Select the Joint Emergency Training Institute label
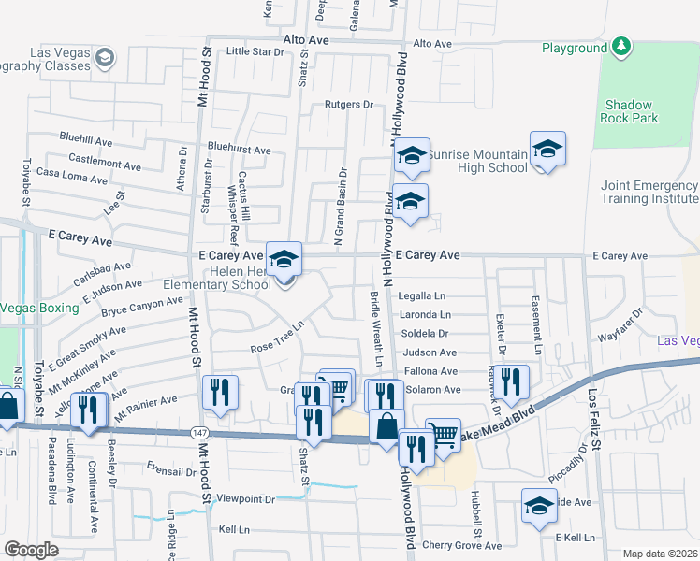coord(649,193)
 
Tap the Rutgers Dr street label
coord(349,105)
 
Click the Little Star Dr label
coord(255,51)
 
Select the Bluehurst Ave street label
coord(239,150)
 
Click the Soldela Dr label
coord(425,333)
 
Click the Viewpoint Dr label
coord(245,500)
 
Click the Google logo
coord(32,550)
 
